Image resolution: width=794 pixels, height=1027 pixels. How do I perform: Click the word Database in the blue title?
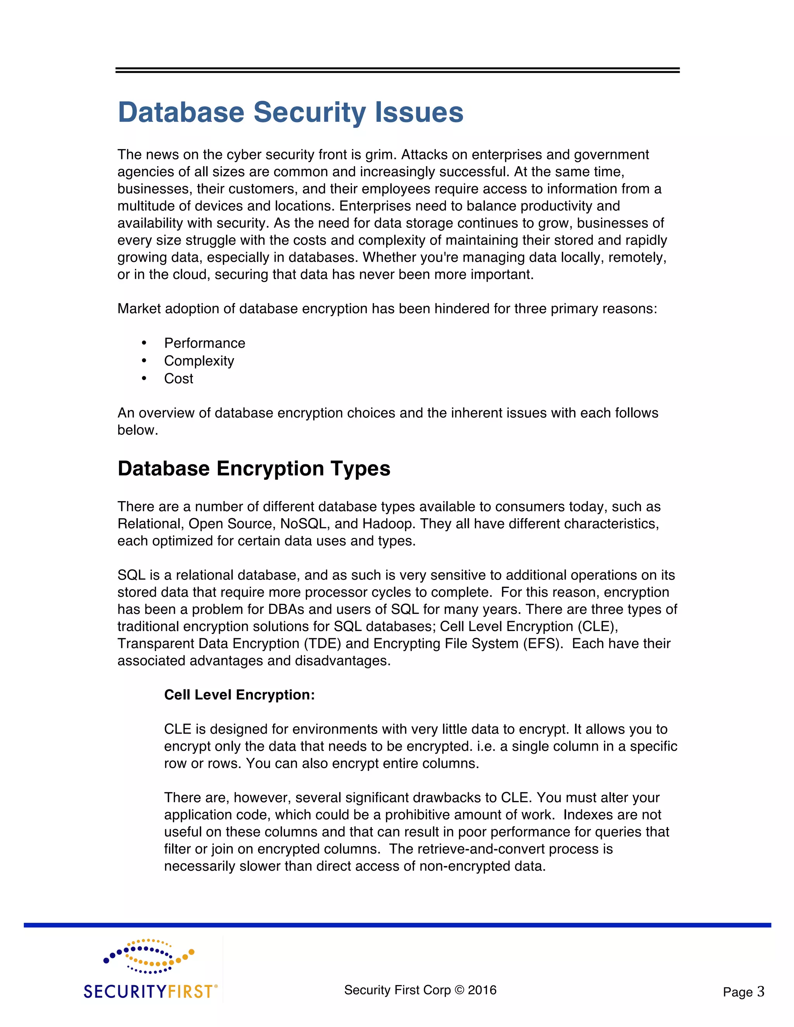(x=181, y=113)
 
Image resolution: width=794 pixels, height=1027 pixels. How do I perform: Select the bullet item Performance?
(x=205, y=343)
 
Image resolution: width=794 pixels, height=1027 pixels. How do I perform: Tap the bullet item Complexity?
(x=199, y=361)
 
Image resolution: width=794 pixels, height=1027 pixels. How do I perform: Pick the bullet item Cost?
(x=178, y=379)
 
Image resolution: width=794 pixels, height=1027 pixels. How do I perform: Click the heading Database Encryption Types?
(x=254, y=469)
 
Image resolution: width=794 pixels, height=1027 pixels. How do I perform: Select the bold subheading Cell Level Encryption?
(x=240, y=695)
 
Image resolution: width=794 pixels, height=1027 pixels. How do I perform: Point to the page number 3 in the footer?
(x=761, y=992)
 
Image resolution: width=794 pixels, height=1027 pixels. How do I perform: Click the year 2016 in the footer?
(x=482, y=990)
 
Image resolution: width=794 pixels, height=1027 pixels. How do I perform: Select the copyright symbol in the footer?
(x=459, y=990)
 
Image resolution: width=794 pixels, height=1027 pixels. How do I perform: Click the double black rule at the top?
(x=397, y=71)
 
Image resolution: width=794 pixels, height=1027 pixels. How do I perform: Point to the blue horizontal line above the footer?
(x=397, y=925)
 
